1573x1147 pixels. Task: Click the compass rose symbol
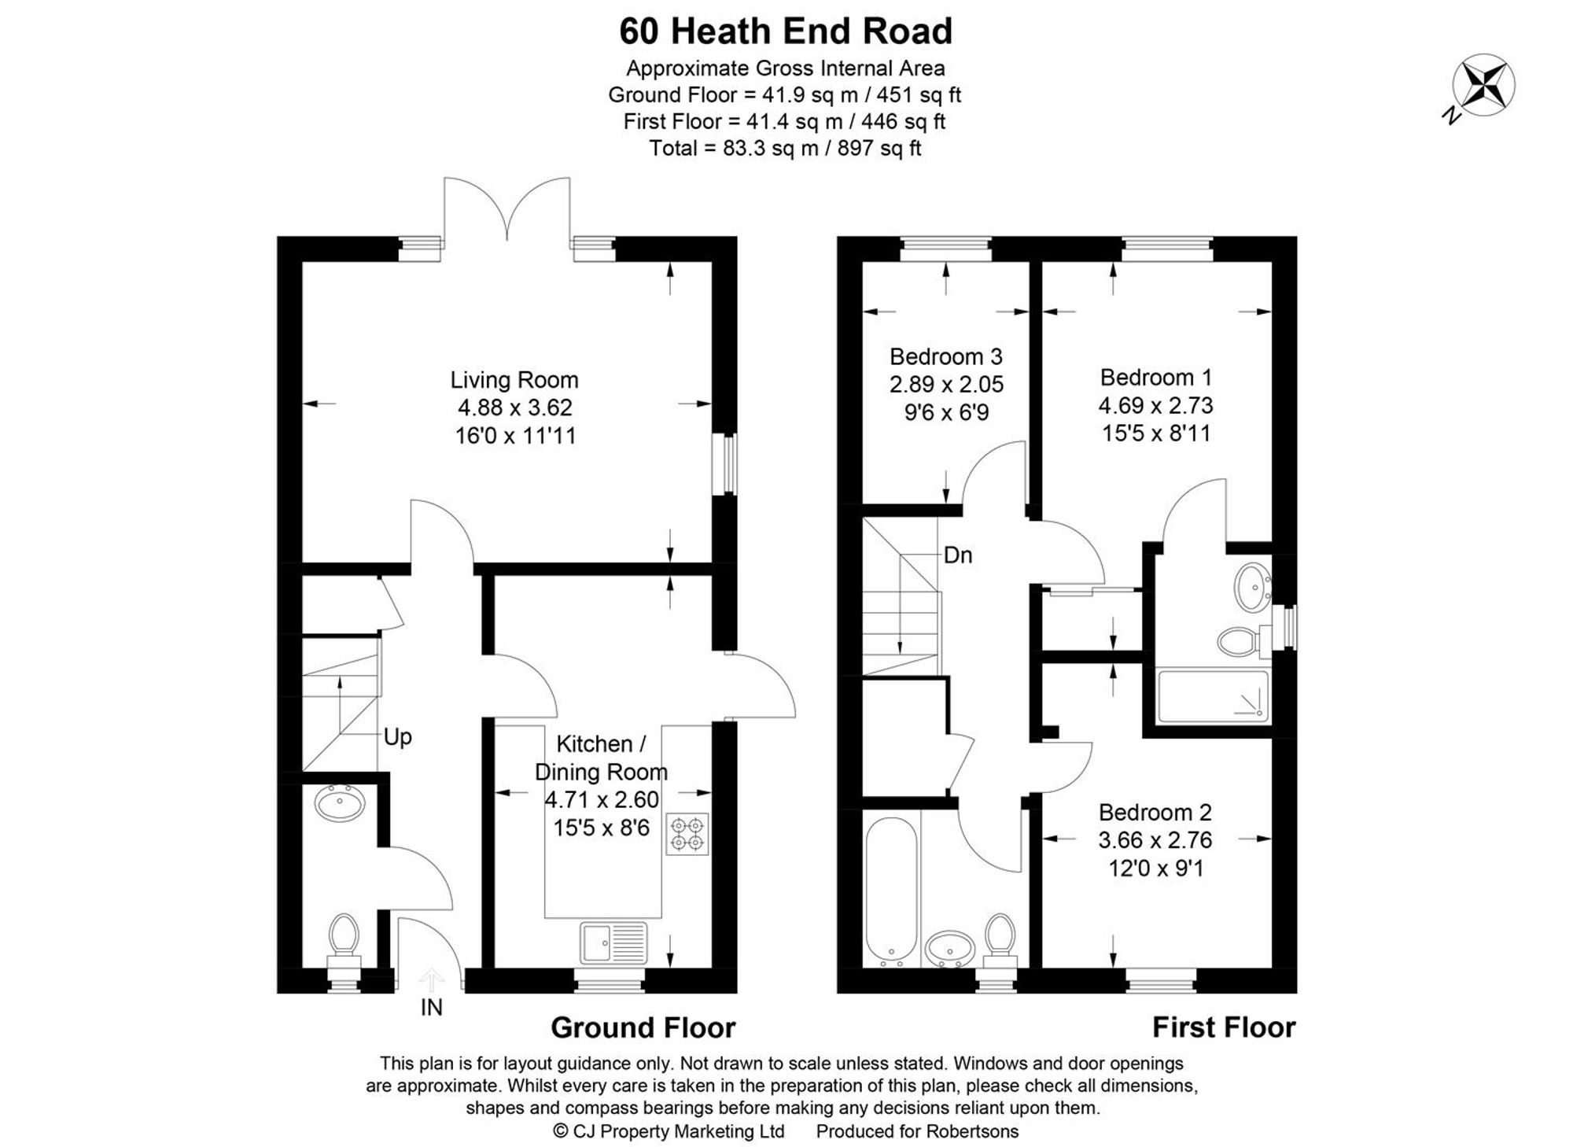(x=1483, y=85)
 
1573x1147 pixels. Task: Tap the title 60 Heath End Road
(x=786, y=31)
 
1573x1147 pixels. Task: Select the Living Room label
(x=514, y=380)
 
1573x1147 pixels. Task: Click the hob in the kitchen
(x=687, y=834)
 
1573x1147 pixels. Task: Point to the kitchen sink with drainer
(x=613, y=942)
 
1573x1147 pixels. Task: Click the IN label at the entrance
(x=432, y=1007)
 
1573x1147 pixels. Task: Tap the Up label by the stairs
(x=397, y=737)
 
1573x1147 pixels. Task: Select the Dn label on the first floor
(x=958, y=555)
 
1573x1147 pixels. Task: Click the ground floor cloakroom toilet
(x=344, y=935)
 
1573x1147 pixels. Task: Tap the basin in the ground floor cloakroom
(x=340, y=803)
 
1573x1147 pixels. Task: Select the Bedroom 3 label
(x=945, y=356)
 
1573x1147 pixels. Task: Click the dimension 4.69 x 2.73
(x=1155, y=405)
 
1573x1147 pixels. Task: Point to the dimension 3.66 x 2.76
(x=1155, y=840)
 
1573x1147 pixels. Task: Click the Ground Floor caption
(x=643, y=1027)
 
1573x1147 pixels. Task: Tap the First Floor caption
(x=1223, y=1027)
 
